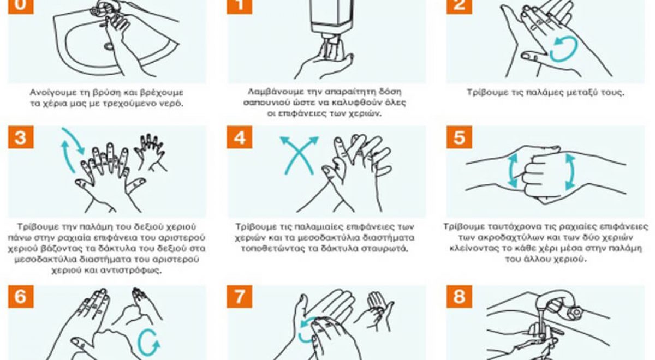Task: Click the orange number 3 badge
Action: (x=21, y=137)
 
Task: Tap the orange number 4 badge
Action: (x=240, y=137)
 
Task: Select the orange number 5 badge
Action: (x=459, y=137)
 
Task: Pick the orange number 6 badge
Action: (x=21, y=297)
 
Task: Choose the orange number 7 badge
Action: (x=240, y=297)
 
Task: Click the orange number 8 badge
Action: (x=459, y=297)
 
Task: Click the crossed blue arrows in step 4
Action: (x=299, y=155)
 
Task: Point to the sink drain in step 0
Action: (x=109, y=46)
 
